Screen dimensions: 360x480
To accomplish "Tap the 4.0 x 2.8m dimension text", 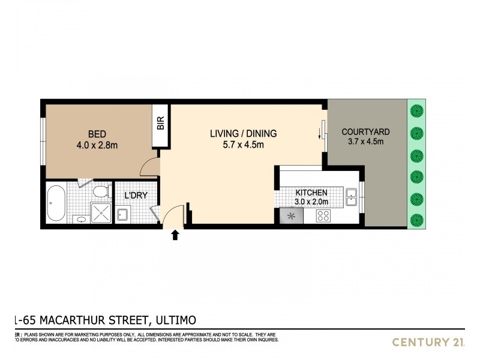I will pyautogui.click(x=98, y=145).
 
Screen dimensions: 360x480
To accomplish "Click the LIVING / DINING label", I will pyautogui.click(x=243, y=133).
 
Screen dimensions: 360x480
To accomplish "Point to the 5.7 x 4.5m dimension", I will pyautogui.click(x=243, y=145).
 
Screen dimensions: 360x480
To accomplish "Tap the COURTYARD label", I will pyautogui.click(x=365, y=131).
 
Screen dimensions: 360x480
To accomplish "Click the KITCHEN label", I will pyautogui.click(x=311, y=193).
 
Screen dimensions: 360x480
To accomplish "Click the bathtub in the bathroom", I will pyautogui.click(x=57, y=203).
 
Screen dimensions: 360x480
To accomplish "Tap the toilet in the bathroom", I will pyautogui.click(x=100, y=191).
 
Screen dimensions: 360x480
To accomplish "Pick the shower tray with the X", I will pyautogui.click(x=101, y=212).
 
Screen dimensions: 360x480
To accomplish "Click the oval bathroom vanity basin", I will pyautogui.click(x=80, y=220).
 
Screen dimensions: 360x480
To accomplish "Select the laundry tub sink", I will pyautogui.click(x=123, y=214).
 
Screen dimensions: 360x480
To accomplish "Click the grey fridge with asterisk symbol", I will pyautogui.click(x=292, y=216).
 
